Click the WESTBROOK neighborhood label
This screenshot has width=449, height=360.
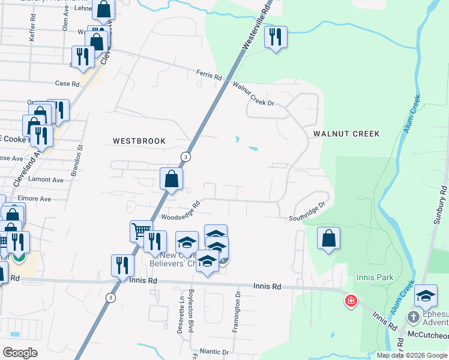[139, 141]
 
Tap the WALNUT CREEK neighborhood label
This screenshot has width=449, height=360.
[345, 134]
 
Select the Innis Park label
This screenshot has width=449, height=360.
[373, 278]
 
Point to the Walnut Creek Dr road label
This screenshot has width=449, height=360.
[253, 95]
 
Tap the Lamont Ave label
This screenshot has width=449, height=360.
[49, 179]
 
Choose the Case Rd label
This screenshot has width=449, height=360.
[67, 84]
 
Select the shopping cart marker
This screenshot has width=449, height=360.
[141, 231]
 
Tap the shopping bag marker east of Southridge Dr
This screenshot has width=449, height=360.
[328, 238]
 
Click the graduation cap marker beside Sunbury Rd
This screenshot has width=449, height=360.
[426, 295]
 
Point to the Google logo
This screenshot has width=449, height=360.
[19, 353]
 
